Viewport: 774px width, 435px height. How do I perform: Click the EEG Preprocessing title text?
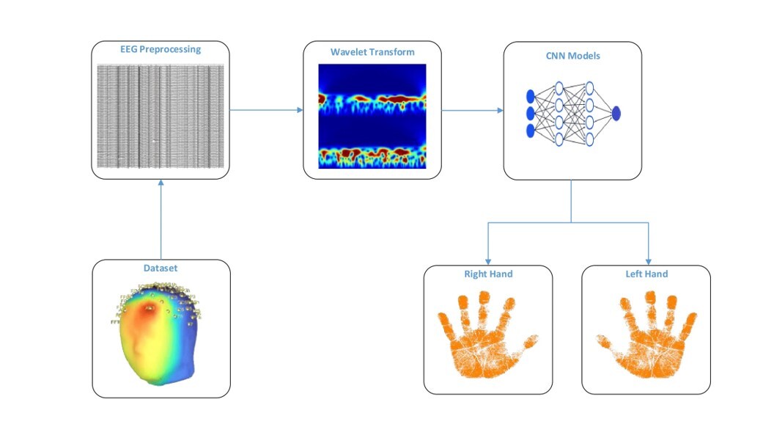(160, 50)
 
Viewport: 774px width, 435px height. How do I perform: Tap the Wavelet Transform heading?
(372, 52)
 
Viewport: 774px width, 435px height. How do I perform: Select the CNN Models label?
(572, 54)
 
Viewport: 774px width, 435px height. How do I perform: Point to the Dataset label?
(161, 269)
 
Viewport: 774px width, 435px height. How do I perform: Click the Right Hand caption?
(487, 274)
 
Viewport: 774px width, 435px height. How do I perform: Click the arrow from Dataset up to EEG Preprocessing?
(161, 220)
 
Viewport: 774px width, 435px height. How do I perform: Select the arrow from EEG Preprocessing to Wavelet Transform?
(266, 110)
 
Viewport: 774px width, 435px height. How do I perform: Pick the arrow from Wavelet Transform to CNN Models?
(472, 111)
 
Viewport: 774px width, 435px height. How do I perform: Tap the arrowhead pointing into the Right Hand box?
(488, 261)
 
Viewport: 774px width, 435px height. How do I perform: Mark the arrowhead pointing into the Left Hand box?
(649, 261)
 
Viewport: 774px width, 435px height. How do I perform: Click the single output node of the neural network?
(616, 113)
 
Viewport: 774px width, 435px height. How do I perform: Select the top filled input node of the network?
(531, 95)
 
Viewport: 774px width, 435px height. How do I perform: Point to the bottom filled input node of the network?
(531, 131)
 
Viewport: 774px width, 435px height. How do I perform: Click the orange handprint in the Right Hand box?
(487, 335)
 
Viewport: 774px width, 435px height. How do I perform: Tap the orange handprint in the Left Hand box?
(645, 335)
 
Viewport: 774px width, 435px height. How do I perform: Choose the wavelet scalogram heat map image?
(372, 117)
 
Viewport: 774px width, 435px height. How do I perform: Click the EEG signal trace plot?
(161, 114)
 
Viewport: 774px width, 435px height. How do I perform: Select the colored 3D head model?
(158, 334)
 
